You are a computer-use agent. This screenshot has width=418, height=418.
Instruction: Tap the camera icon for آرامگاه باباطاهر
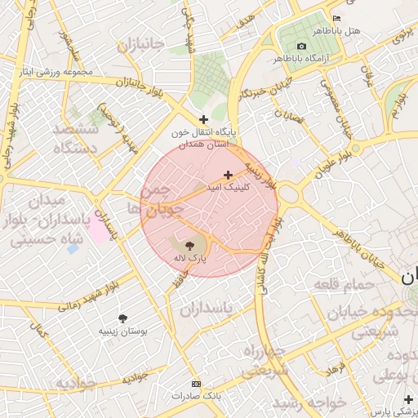point(301,46)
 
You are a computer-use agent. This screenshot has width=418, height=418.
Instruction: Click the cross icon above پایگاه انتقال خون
point(203,119)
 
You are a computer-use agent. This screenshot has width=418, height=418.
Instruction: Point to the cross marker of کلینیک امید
point(228,175)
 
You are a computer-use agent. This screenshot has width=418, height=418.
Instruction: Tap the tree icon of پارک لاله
point(189,244)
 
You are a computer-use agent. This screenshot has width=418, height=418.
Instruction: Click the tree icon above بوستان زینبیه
point(122,318)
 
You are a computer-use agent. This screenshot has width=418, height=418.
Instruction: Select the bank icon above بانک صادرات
point(195,383)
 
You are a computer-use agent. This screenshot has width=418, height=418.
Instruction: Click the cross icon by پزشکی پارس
point(408,398)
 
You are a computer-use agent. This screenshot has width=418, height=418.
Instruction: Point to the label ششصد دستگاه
point(75,139)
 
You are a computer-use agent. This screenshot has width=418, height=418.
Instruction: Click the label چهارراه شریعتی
point(264,361)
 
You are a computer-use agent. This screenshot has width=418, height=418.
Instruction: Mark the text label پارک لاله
point(189,258)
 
